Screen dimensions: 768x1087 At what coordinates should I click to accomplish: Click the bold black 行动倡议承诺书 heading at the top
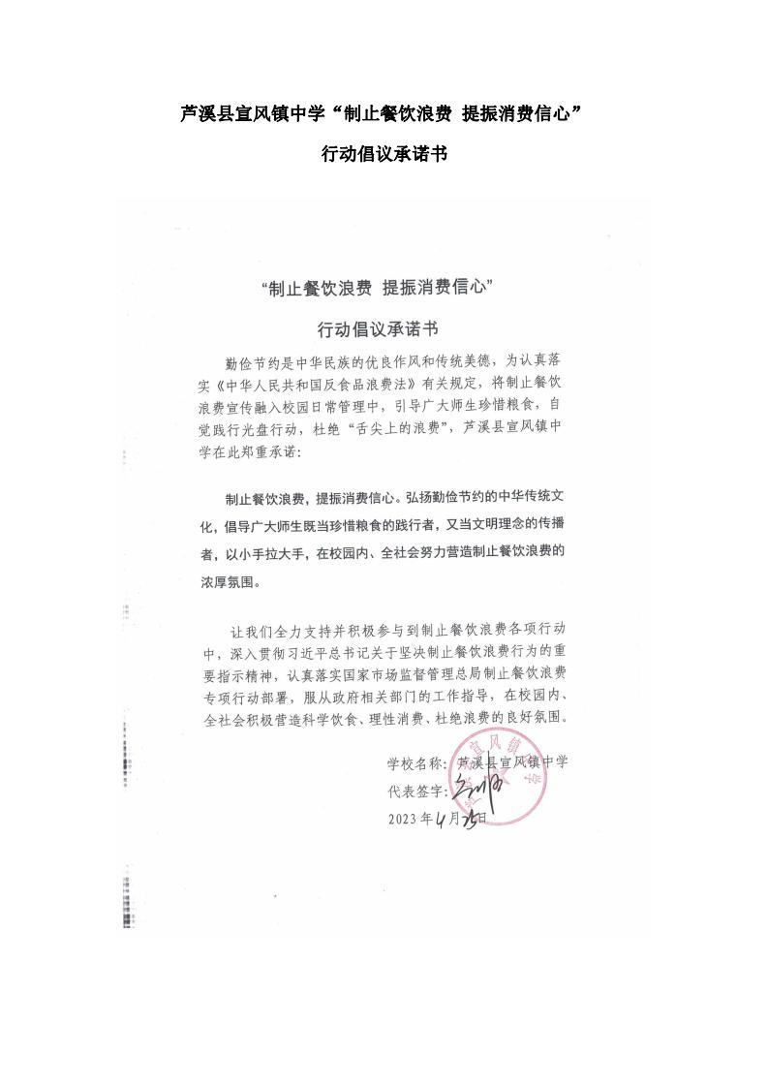point(384,154)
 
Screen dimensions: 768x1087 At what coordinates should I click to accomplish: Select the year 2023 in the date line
point(402,820)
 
